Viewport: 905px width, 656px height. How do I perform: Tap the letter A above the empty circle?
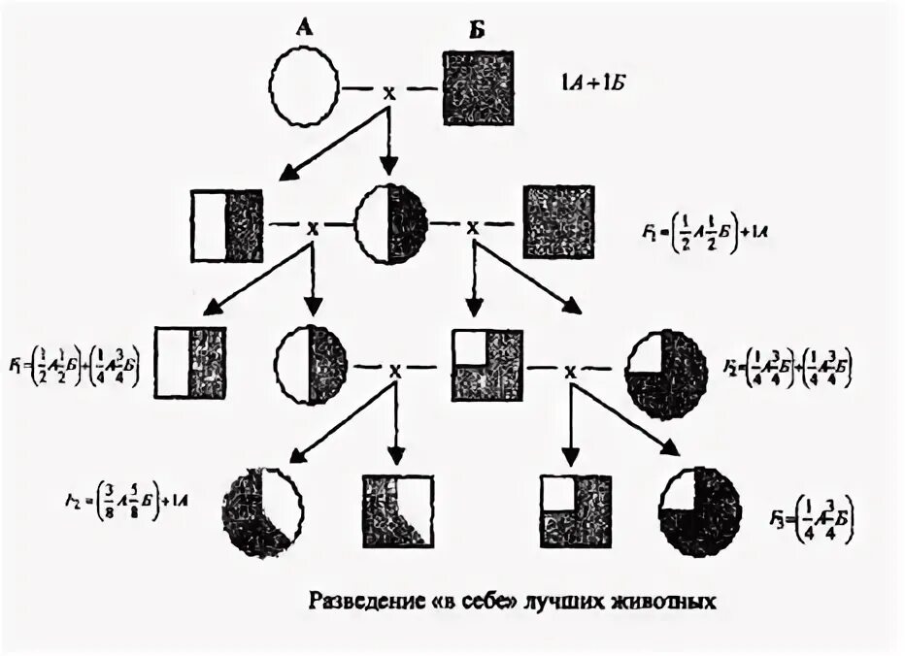(303, 29)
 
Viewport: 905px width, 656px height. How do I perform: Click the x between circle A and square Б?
(389, 92)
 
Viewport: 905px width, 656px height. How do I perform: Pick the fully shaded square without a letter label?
(558, 222)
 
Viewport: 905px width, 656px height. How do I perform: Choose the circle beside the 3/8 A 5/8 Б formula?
(262, 508)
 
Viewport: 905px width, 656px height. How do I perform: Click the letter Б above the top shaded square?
(475, 29)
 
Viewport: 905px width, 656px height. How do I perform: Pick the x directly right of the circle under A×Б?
(473, 226)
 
